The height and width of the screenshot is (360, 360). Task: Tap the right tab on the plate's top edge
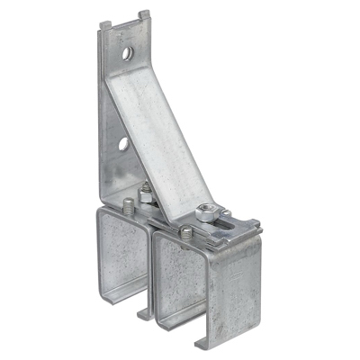coord(145,14)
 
